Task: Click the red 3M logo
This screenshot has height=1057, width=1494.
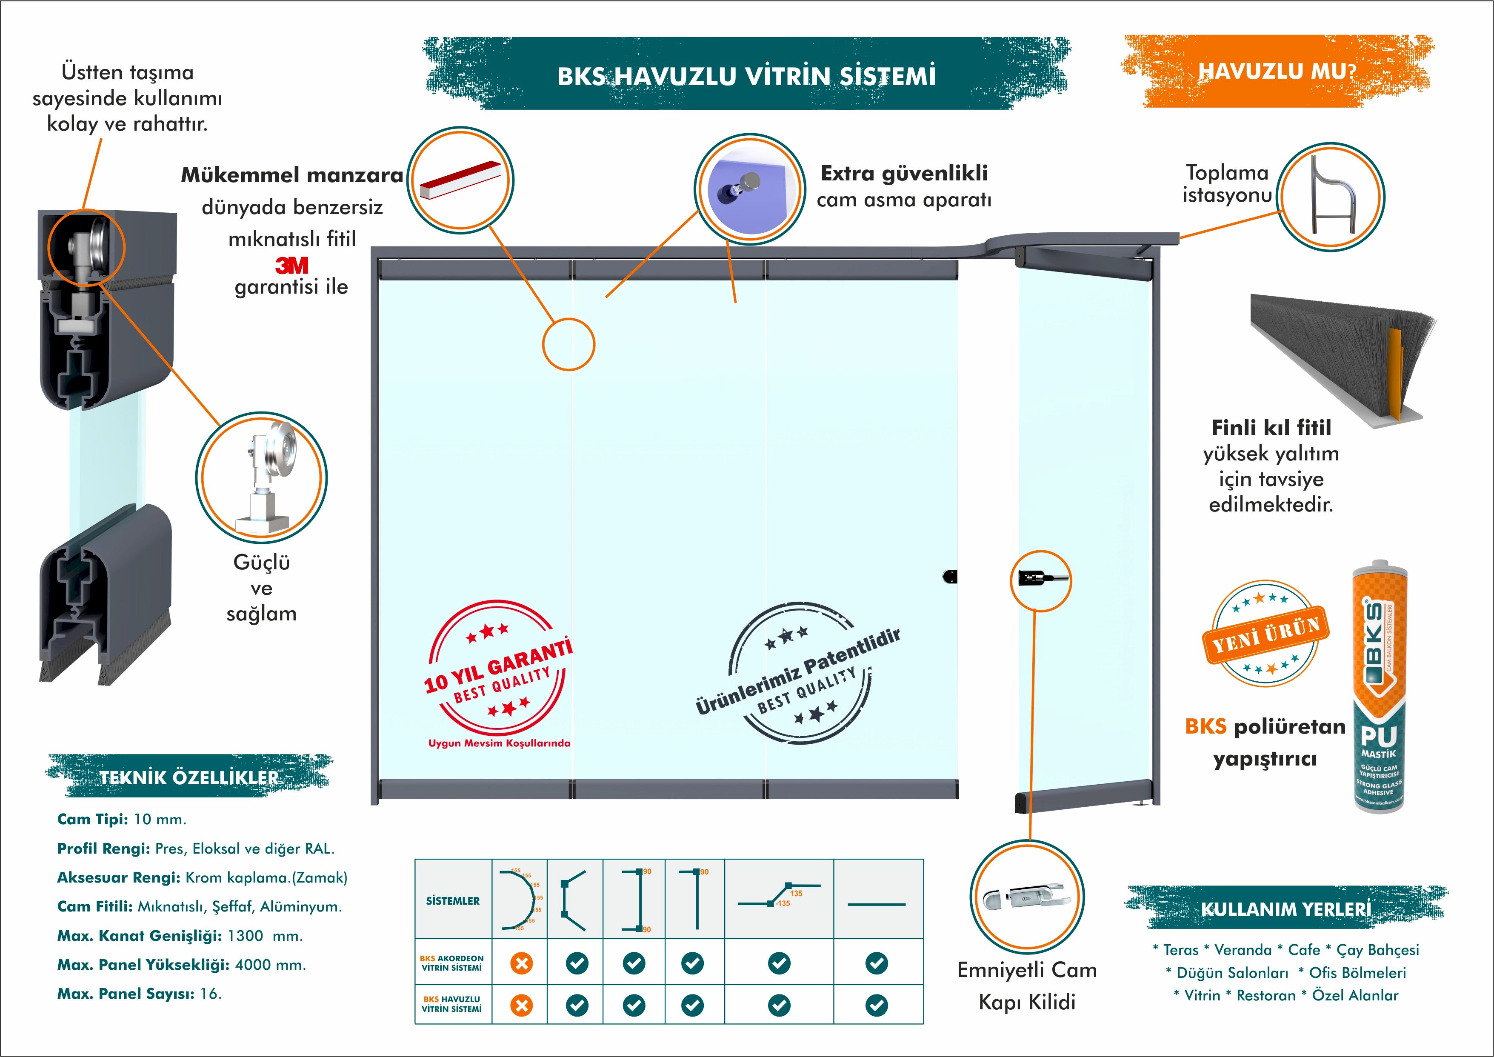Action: pyautogui.click(x=291, y=266)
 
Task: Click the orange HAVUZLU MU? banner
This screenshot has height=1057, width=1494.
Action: pyautogui.click(x=1277, y=71)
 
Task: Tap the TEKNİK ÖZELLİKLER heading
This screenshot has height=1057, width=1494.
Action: pyautogui.click(x=189, y=777)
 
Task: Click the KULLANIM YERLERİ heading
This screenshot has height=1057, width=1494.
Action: pyautogui.click(x=1286, y=908)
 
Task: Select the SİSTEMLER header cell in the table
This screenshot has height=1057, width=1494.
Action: pyautogui.click(x=453, y=901)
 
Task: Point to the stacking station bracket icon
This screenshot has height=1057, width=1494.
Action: pyautogui.click(x=1331, y=196)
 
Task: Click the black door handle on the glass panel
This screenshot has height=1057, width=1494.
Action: pyautogui.click(x=950, y=576)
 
